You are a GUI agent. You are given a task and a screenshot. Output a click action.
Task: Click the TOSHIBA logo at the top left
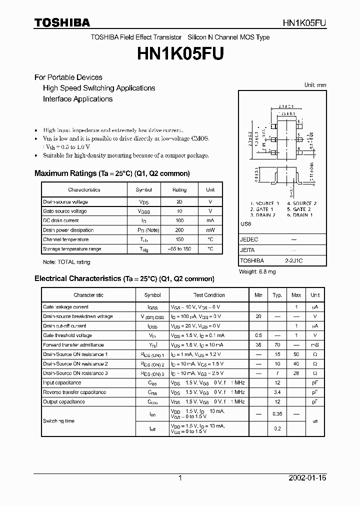[62, 22]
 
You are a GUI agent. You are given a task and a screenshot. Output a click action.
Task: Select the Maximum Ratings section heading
[112, 173]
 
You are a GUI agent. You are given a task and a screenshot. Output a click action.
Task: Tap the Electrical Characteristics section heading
[124, 278]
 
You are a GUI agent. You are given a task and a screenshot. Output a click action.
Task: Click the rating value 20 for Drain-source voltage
[179, 202]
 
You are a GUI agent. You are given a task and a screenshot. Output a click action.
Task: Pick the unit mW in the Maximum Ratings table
[210, 230]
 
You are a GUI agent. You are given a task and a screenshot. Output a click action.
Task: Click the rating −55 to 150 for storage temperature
[179, 249]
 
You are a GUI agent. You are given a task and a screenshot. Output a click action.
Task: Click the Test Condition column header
[209, 295]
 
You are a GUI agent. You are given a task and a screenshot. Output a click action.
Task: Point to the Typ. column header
[277, 295]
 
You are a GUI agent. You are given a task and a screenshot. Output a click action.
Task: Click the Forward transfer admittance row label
[73, 345]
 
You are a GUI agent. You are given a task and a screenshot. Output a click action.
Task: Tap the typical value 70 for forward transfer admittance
[277, 345]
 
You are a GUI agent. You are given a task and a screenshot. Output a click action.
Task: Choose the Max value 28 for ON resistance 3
[296, 373]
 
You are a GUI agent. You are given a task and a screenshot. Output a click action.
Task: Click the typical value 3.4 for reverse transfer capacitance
[277, 392]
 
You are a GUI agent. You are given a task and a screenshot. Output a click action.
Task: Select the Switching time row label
[58, 421]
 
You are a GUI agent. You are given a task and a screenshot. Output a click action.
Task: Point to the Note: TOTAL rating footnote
[66, 262]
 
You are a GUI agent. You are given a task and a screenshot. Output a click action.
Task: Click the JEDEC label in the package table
[249, 239]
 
